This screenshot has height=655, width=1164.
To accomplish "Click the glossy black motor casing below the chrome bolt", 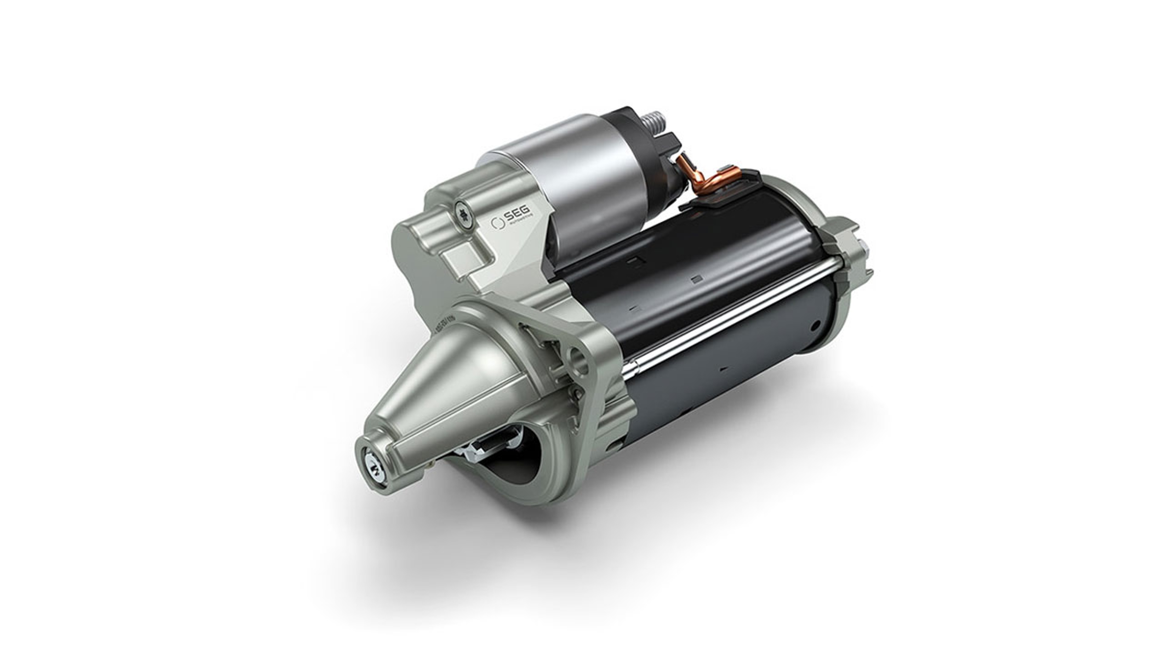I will (723, 384).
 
